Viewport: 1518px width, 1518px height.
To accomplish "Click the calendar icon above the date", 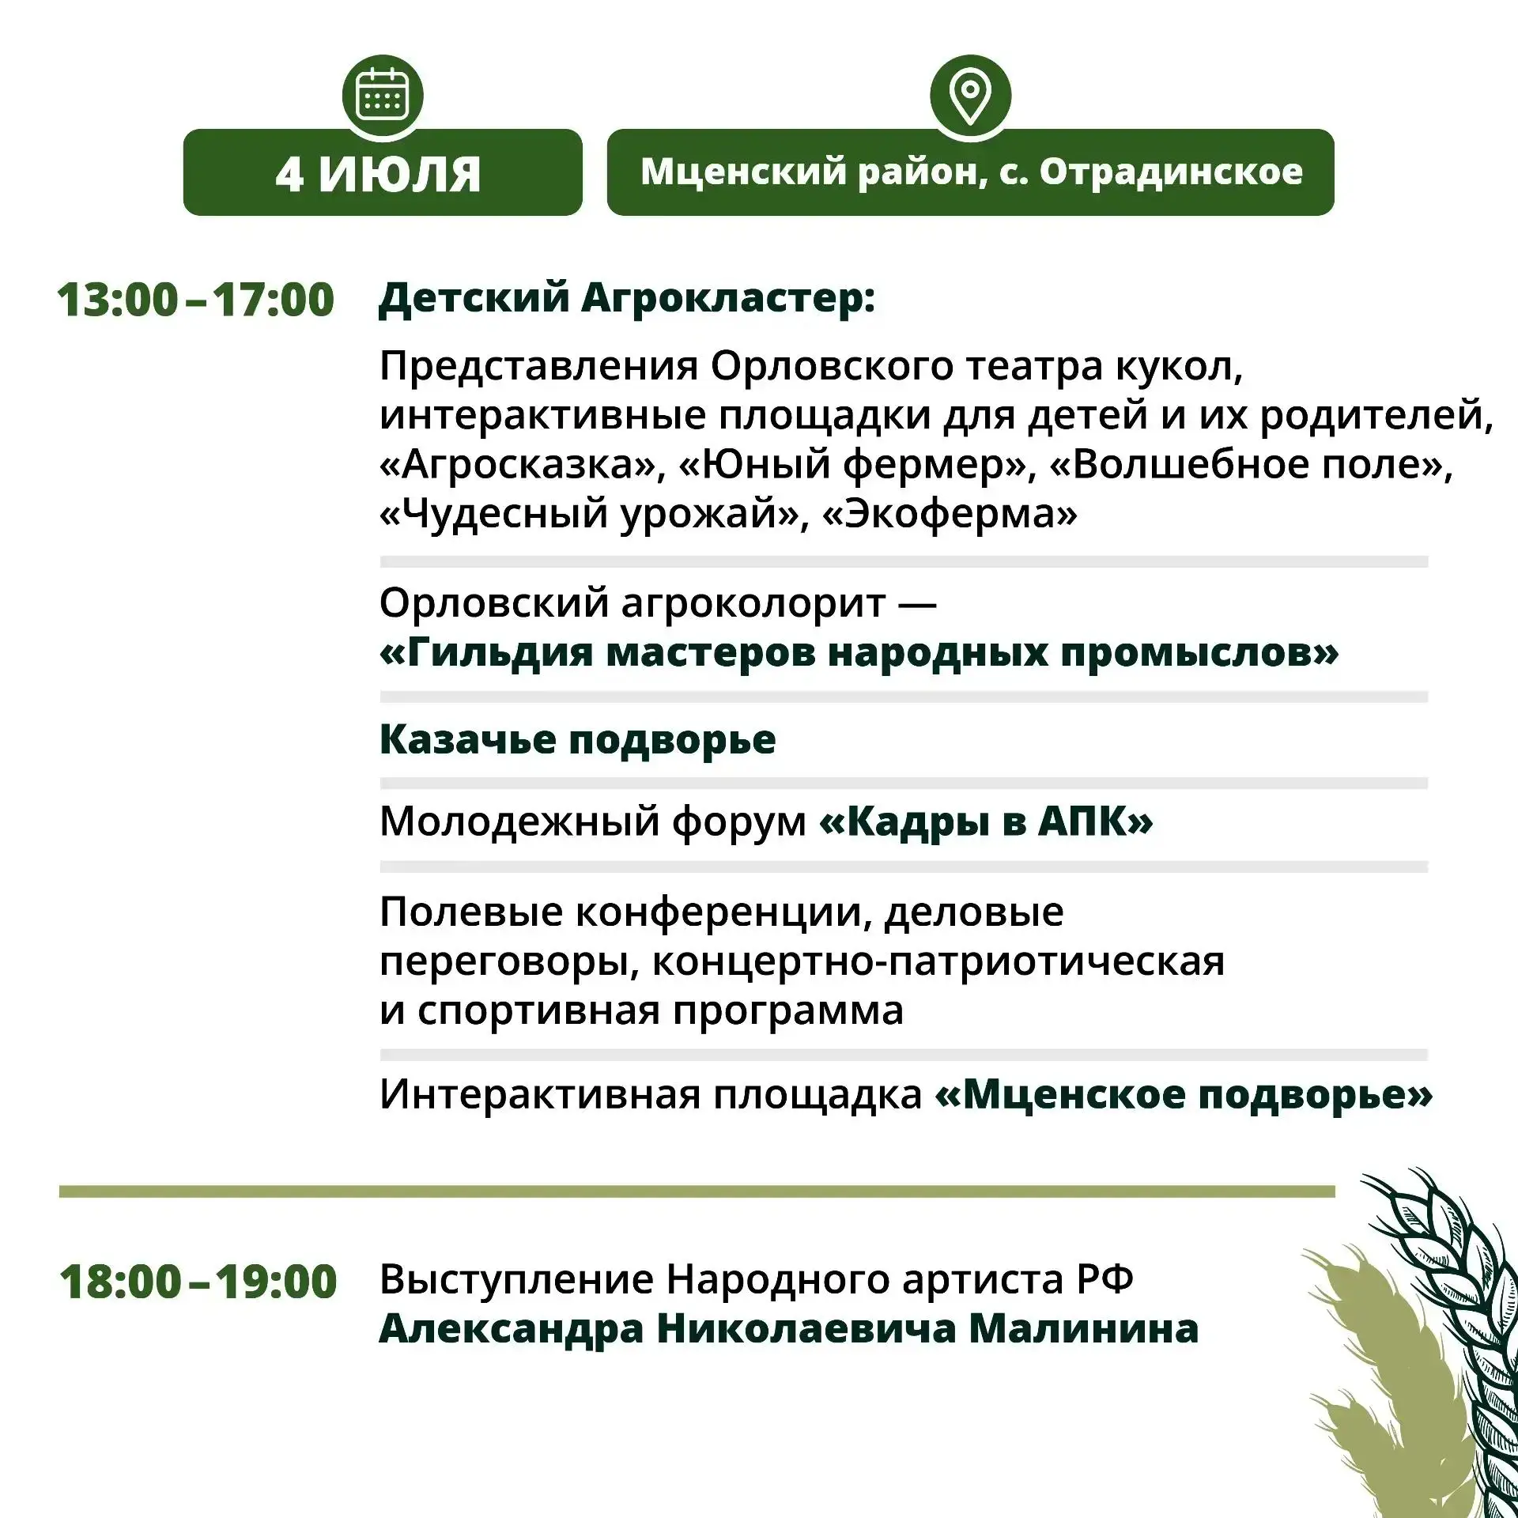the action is (383, 95).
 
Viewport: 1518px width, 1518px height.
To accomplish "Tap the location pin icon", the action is (970, 95).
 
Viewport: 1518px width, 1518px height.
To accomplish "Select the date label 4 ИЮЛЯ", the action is (378, 174).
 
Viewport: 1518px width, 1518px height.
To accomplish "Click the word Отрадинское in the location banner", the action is (1171, 172).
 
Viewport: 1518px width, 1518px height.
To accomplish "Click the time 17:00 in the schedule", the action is (274, 300).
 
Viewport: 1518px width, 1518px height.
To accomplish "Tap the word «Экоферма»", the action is (950, 514).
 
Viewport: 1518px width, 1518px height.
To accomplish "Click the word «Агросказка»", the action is (523, 465).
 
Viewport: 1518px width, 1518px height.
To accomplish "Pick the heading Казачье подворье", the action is (577, 741).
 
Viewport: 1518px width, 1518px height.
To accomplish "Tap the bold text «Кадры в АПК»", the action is (986, 821).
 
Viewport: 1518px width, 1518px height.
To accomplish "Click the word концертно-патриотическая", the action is (938, 962).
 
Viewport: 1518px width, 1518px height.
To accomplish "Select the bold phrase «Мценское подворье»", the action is (1184, 1095).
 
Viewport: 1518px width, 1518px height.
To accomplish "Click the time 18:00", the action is (121, 1282).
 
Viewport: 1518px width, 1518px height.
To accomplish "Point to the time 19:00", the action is (276, 1282).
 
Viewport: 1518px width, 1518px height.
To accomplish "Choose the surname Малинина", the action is (1084, 1329).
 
